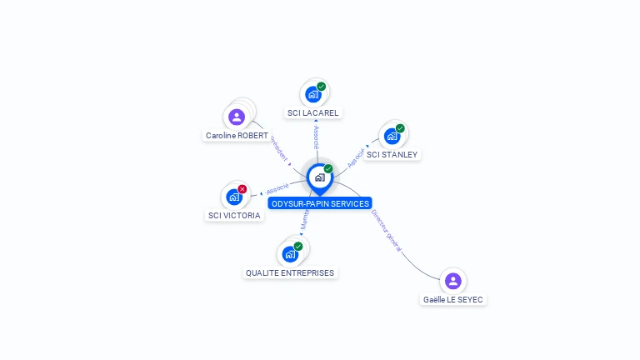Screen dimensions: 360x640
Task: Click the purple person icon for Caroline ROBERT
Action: (x=236, y=117)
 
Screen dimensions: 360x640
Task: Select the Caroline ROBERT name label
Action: (x=237, y=135)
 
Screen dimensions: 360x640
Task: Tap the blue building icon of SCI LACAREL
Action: (x=312, y=94)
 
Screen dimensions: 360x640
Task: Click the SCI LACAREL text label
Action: (x=313, y=112)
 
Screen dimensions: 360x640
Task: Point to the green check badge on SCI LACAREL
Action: (x=322, y=87)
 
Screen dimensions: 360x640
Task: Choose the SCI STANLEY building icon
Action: (x=392, y=136)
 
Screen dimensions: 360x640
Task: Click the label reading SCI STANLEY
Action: (x=392, y=154)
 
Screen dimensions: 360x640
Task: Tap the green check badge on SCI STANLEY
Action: (x=401, y=128)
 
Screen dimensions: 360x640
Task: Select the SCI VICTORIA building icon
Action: (x=234, y=197)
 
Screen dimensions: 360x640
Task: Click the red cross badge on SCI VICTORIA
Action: (x=242, y=189)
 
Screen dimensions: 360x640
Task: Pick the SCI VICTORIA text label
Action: (x=234, y=215)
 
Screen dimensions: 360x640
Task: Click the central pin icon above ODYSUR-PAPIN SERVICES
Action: (x=319, y=177)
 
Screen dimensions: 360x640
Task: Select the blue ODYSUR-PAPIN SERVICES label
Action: (x=319, y=203)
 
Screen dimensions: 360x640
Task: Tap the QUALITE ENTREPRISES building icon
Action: (x=290, y=254)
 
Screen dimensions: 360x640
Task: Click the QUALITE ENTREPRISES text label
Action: (x=290, y=272)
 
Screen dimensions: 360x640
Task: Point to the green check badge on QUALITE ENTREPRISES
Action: (x=298, y=246)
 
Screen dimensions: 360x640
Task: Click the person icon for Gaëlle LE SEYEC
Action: (x=452, y=281)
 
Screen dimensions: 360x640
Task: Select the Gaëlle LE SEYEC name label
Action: (x=453, y=299)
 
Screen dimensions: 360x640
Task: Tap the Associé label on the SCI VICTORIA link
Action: (x=277, y=189)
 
